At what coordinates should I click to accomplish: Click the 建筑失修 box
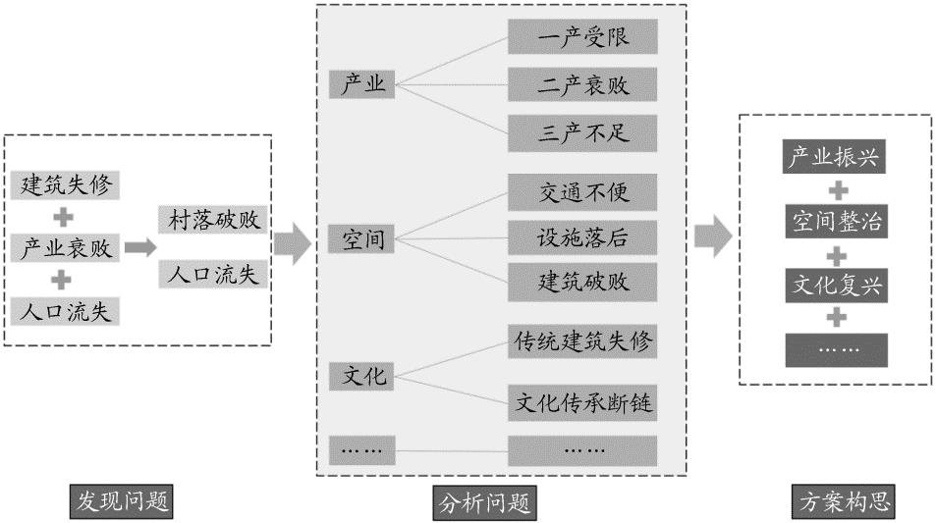point(65,184)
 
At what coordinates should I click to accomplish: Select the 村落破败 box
point(212,219)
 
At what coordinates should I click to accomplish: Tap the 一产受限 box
point(582,38)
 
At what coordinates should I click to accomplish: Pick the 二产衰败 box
point(582,84)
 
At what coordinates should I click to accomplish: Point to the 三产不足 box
point(582,131)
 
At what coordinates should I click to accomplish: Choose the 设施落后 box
point(582,236)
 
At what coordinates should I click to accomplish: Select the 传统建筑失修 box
point(582,342)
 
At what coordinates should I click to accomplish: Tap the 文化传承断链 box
point(582,402)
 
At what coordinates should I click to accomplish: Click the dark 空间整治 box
point(836,222)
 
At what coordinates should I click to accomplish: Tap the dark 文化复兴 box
point(836,286)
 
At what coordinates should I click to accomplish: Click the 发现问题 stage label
point(122,502)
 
